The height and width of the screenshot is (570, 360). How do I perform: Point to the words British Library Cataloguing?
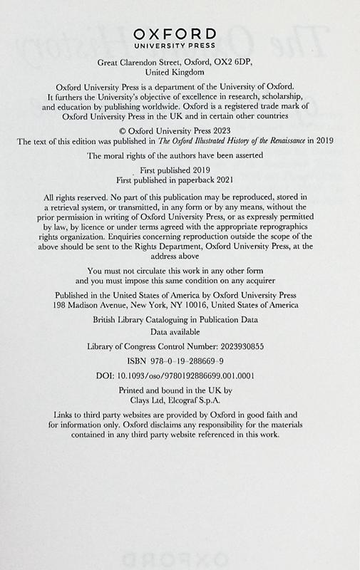144,321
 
